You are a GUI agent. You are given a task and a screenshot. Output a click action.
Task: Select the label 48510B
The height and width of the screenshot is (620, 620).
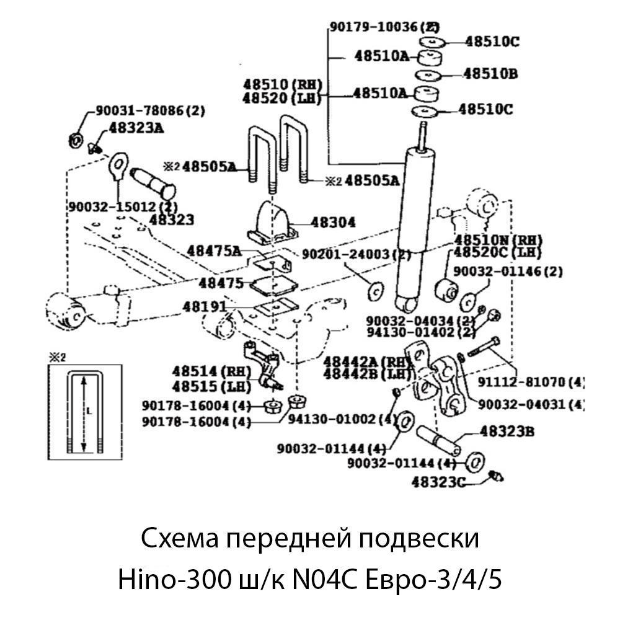point(490,74)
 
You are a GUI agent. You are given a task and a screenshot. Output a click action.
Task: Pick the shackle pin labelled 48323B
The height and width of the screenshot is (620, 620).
point(440,440)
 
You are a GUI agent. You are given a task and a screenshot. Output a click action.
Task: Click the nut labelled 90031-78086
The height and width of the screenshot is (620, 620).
point(73,139)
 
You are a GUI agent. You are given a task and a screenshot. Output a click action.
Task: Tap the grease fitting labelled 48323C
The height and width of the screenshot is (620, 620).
point(496,476)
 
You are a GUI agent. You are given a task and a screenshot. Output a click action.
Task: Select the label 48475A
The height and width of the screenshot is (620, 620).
point(213,250)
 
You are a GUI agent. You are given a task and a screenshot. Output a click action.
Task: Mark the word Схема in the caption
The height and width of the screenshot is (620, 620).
point(179,538)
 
